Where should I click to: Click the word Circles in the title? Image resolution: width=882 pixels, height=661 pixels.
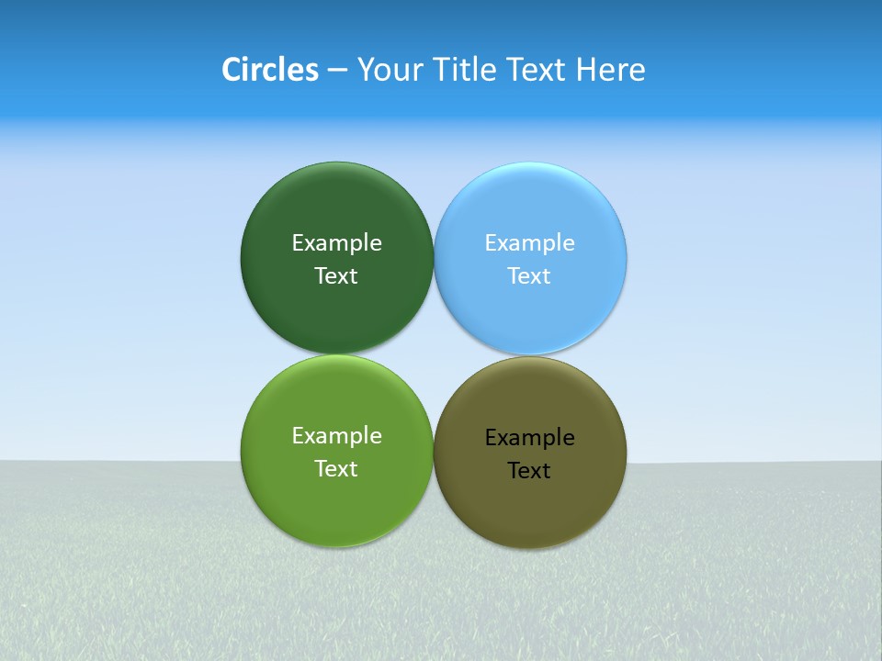[x=270, y=70]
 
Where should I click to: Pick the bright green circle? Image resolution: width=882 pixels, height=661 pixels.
[x=336, y=505]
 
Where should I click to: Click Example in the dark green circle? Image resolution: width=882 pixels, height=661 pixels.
[x=336, y=243]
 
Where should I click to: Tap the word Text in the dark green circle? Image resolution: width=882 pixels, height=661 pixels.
[x=336, y=276]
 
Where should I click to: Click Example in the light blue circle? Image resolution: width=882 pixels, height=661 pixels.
[x=530, y=243]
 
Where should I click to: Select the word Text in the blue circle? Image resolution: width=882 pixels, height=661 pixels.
[x=530, y=276]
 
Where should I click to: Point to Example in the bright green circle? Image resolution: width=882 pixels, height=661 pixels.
[x=336, y=436]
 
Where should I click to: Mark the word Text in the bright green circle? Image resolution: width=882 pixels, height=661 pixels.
[x=336, y=469]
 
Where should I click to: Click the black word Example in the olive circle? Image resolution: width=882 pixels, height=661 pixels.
[x=530, y=438]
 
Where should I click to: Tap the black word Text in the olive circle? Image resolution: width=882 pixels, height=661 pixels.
[x=530, y=471]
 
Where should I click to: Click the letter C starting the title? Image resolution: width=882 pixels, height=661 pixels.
[x=231, y=70]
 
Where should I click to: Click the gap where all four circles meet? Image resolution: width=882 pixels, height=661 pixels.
[x=434, y=355]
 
